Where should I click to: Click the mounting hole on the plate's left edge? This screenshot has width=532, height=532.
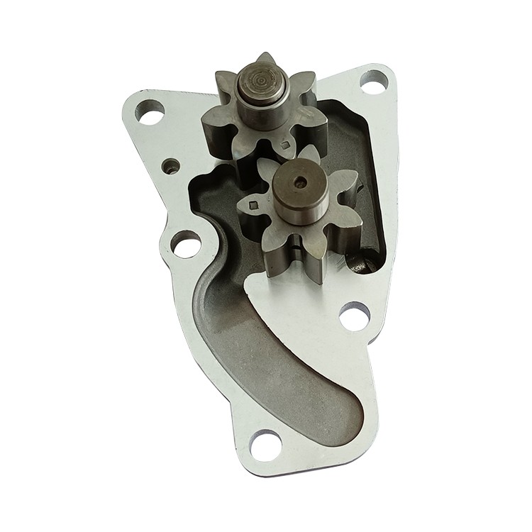click(185, 248)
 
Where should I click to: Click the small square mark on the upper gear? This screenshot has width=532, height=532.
click(286, 145)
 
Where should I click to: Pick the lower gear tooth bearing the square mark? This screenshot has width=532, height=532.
click(254, 206)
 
